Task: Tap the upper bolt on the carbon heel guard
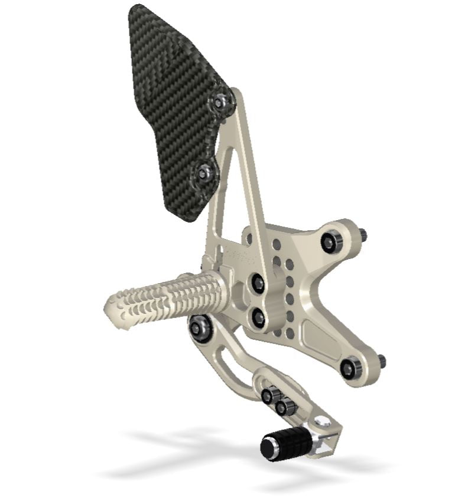point(220,103)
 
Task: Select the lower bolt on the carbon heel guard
point(204,173)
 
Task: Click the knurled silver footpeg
point(171,295)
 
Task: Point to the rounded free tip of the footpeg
point(112,307)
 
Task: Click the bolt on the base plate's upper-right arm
point(329,241)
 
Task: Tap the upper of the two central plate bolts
point(258,283)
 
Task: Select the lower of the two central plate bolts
point(258,318)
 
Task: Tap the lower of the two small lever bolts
point(282,407)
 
